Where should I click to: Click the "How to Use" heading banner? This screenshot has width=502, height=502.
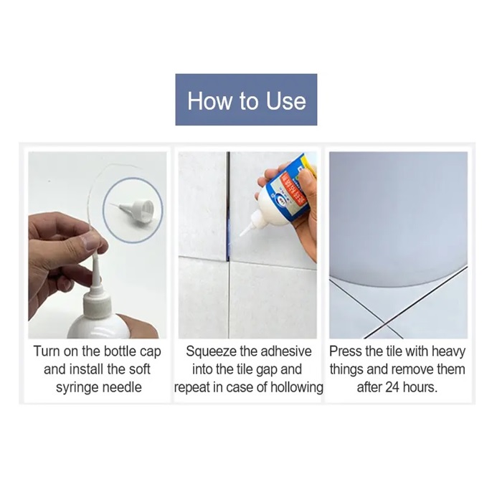(246, 100)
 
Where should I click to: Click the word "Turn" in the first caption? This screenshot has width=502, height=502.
(47, 351)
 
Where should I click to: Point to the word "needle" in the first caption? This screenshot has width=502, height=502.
(122, 387)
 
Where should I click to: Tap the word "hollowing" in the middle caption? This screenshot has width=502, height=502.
(297, 387)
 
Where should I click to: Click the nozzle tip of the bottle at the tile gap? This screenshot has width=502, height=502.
(240, 235)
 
